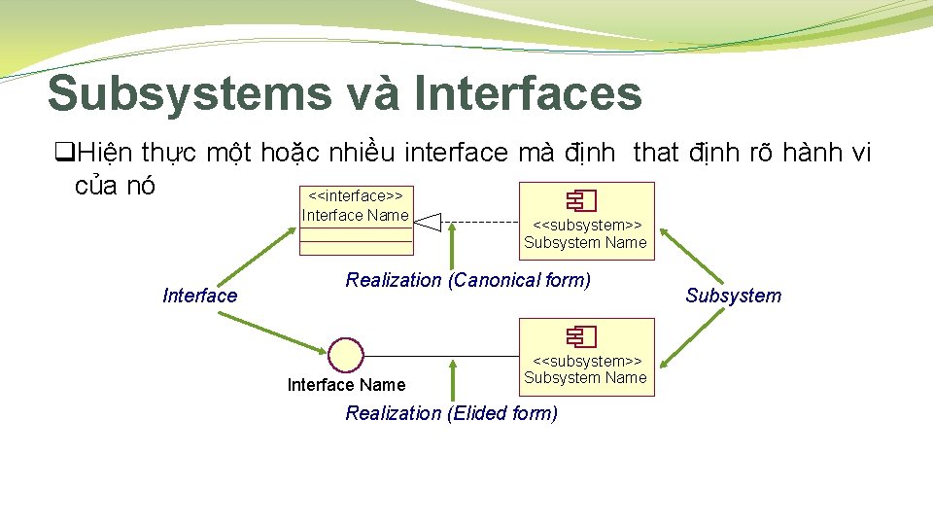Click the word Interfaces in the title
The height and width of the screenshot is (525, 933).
[x=528, y=93]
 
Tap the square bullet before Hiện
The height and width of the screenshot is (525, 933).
[x=64, y=154]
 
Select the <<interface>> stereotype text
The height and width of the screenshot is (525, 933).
[x=356, y=196]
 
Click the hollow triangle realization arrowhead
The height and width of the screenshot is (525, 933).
[x=429, y=223]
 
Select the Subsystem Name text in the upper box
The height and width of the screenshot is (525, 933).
[x=585, y=243]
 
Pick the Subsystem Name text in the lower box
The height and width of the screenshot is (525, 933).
[x=585, y=377]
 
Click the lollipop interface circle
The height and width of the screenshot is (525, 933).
[x=346, y=354]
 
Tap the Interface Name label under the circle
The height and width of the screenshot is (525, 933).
[x=346, y=385]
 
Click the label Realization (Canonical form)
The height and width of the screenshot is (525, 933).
[x=467, y=280]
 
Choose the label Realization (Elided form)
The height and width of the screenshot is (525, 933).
[x=451, y=413]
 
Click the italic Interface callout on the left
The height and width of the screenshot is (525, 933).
[x=200, y=296]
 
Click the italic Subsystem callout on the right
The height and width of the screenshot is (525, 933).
[x=733, y=296]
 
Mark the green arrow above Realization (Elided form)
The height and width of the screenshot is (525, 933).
[x=451, y=379]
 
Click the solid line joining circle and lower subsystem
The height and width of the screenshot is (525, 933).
[x=442, y=354]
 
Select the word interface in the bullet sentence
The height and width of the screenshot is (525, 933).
[x=456, y=154]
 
